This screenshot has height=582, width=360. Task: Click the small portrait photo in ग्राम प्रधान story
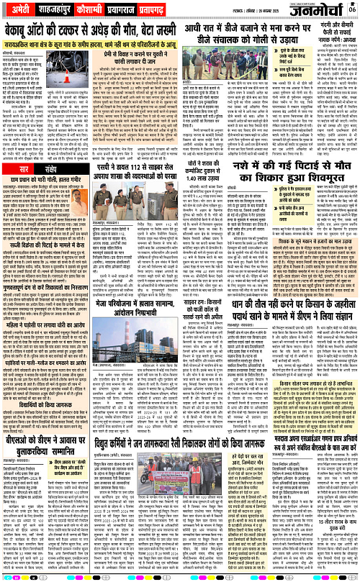click(15, 186)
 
